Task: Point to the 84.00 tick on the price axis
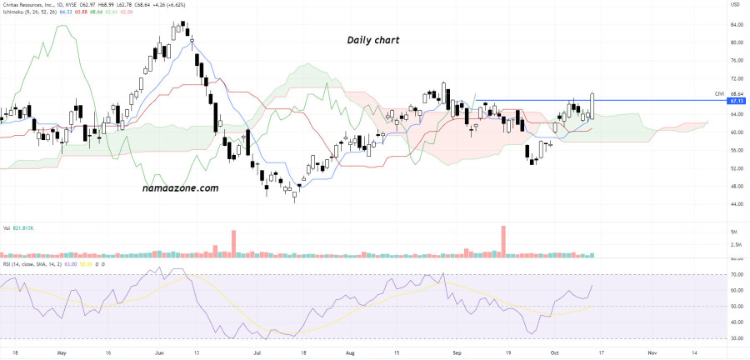[737, 24]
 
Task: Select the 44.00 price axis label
[737, 204]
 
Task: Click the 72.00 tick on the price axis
[737, 61]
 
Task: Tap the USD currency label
[735, 6]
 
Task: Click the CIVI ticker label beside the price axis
[719, 93]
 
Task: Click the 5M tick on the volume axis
[733, 231]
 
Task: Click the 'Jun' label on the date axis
[157, 352]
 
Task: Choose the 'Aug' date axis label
[351, 352]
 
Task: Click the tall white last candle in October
[592, 105]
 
